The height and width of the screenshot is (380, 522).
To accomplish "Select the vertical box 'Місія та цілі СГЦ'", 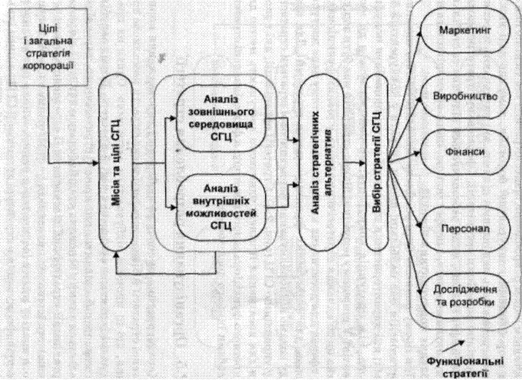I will point(116,164).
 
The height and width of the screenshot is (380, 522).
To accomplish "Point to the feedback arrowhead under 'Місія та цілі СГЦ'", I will point(117,261).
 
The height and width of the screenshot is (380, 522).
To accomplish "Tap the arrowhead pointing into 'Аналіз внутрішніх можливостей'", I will point(175,209).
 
